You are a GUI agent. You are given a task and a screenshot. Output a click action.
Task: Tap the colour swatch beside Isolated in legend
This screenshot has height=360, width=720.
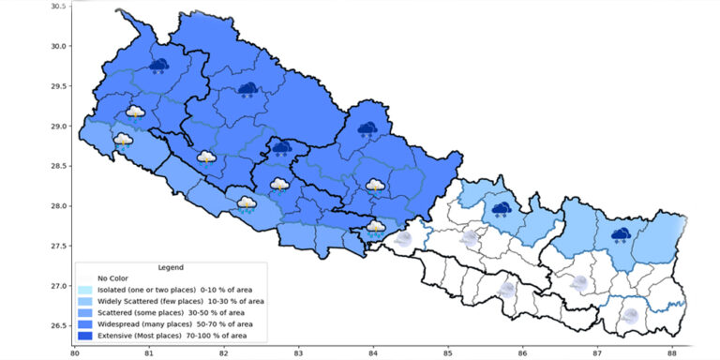[x=85, y=290]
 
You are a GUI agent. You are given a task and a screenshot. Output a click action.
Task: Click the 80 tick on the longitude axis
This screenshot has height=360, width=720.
[x=74, y=353]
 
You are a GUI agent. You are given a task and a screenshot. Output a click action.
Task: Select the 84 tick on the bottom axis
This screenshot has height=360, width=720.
[x=373, y=353]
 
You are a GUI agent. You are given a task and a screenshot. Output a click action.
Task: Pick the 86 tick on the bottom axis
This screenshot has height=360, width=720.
[x=522, y=353]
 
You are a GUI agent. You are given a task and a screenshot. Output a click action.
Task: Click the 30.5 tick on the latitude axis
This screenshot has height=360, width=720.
[x=58, y=7]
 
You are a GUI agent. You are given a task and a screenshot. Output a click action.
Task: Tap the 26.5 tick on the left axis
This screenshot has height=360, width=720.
[x=58, y=325]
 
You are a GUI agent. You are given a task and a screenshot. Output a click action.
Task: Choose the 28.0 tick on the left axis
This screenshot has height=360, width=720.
[x=58, y=206]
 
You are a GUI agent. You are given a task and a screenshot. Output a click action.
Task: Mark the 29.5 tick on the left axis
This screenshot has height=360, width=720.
[x=58, y=86]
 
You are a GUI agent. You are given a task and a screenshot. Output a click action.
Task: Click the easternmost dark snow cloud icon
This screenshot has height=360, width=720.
[x=621, y=234]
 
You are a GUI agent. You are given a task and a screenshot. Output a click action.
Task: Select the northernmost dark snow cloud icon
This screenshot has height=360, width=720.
[x=159, y=66]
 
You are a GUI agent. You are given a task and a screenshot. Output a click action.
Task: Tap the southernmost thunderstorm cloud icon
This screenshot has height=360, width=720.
[x=376, y=226]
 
